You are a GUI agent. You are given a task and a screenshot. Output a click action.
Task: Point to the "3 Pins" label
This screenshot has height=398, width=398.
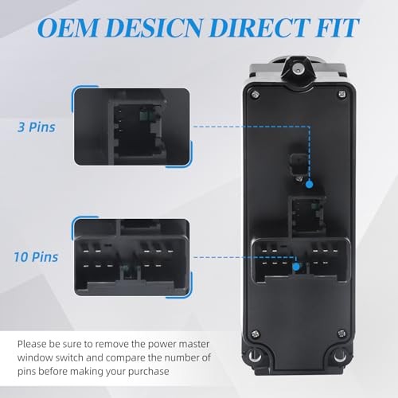coord(37,127)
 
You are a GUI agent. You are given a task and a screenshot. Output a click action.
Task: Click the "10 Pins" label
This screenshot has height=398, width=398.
coord(36,257)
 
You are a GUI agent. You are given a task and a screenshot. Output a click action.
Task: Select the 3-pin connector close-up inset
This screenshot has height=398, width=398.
coord(132,127)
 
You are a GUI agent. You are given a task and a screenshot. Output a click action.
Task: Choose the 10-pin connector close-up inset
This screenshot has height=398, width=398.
coord(132,257)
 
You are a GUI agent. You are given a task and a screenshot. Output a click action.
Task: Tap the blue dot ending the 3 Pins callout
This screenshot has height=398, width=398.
coord(309,184)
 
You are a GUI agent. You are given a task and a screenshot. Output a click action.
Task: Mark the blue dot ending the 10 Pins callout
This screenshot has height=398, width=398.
coord(296,267)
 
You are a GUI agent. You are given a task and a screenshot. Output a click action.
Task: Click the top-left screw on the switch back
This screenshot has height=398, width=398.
coord(256,94)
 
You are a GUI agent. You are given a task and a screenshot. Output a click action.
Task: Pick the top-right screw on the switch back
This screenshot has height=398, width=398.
coord(342,94)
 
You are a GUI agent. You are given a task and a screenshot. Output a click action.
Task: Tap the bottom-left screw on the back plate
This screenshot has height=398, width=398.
coord(256,334)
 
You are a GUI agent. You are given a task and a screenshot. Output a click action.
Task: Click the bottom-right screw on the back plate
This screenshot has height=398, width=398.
coord(342,334)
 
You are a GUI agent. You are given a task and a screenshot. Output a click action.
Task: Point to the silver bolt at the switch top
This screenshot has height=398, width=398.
coord(298,70)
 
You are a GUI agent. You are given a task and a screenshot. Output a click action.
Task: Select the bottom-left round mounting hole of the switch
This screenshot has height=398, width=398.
coord(255,356)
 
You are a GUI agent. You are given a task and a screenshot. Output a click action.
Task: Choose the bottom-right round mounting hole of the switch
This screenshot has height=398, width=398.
coord(340,356)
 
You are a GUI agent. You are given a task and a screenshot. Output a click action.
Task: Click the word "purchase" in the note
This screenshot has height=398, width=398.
coord(149,372)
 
